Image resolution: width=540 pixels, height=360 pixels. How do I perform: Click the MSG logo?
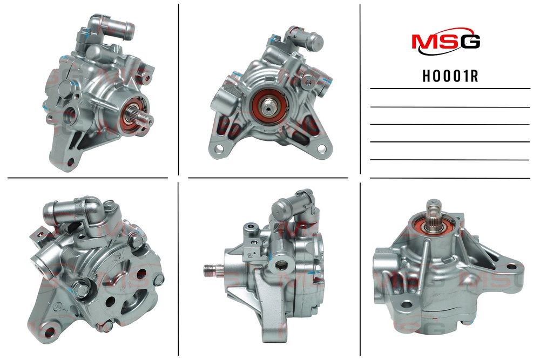click(x=446, y=43)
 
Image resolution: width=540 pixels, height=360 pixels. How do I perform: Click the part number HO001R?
click(x=450, y=76)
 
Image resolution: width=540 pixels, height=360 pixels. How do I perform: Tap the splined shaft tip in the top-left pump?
click(x=147, y=119)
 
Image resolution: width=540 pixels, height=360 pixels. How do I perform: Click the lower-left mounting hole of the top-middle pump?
click(x=218, y=150)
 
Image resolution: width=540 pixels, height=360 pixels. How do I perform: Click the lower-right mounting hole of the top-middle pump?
click(x=321, y=148)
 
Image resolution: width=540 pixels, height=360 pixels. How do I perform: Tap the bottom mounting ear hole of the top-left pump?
click(x=71, y=162)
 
